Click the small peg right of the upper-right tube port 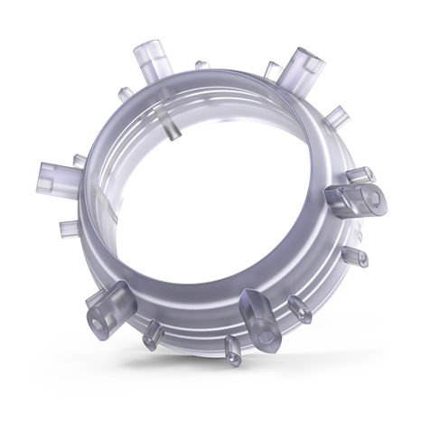[335, 116]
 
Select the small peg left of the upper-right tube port [269, 70]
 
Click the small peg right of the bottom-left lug [149, 334]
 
